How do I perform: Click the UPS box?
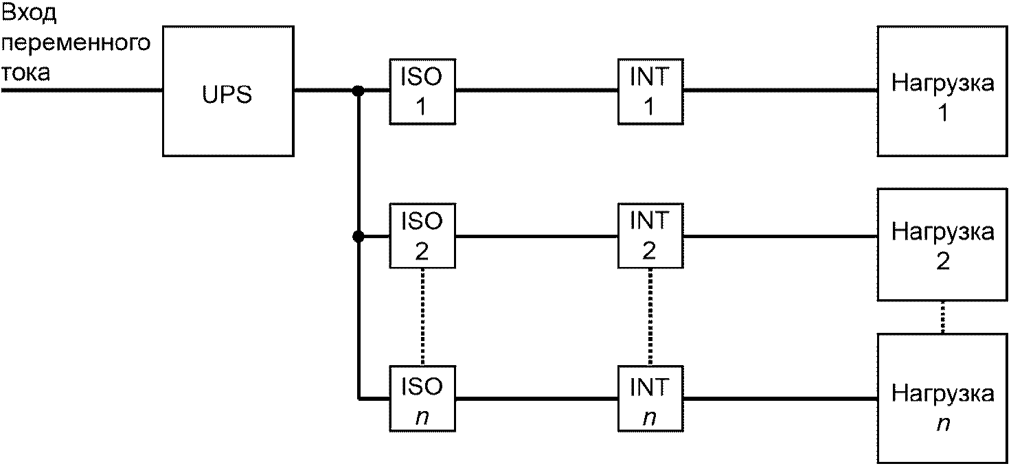pos(228,91)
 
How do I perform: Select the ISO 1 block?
pos(422,91)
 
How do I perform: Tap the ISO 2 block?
pos(422,236)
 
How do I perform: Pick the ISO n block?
pos(422,399)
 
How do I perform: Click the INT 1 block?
pos(650,91)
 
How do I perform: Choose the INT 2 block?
pos(650,236)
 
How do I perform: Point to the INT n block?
pos(650,399)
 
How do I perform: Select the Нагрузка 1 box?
pos(942,91)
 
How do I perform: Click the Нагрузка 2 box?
pos(942,244)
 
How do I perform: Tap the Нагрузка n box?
pos(942,398)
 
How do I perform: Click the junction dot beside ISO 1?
pos(358,91)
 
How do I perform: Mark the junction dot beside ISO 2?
pos(358,236)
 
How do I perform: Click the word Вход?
pos(30,14)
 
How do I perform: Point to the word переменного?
pos(76,44)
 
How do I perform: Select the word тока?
pos(25,73)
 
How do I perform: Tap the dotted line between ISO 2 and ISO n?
pos(422,318)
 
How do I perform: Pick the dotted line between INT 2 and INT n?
pos(650,318)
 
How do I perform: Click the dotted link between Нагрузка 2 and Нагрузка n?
pos(942,317)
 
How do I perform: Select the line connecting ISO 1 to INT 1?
pos(536,91)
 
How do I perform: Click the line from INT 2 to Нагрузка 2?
pos(780,236)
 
